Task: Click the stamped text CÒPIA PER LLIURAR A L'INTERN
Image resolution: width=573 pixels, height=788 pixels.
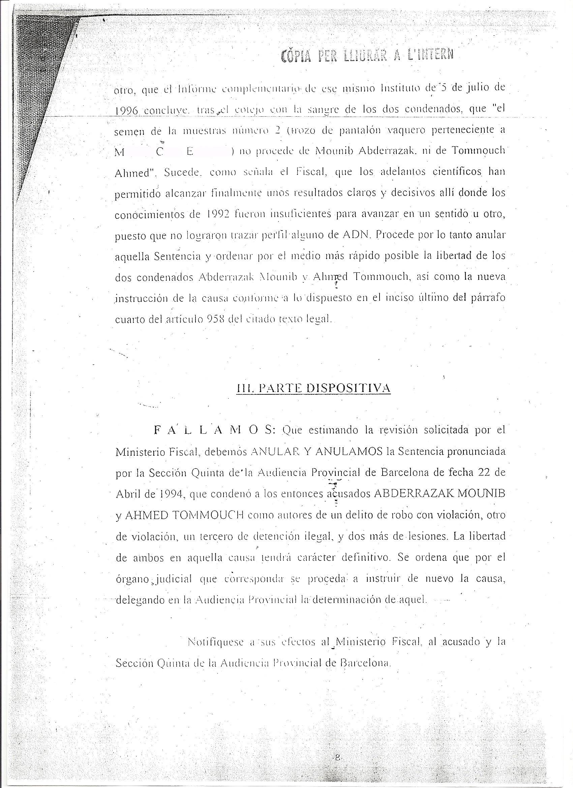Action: tap(368, 55)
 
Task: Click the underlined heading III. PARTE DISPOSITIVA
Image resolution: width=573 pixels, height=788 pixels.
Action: tap(313, 388)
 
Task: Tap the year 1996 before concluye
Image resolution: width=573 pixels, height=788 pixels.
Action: tap(127, 111)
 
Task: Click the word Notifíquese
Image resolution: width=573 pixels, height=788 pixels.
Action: tap(215, 642)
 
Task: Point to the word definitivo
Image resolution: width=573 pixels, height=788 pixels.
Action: tap(364, 558)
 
